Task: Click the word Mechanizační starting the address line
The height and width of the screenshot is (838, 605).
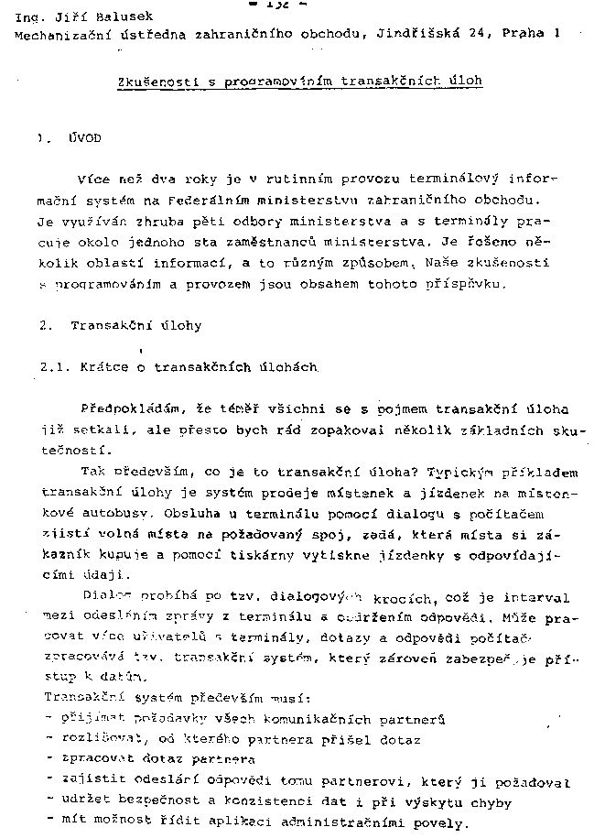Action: coord(60,34)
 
